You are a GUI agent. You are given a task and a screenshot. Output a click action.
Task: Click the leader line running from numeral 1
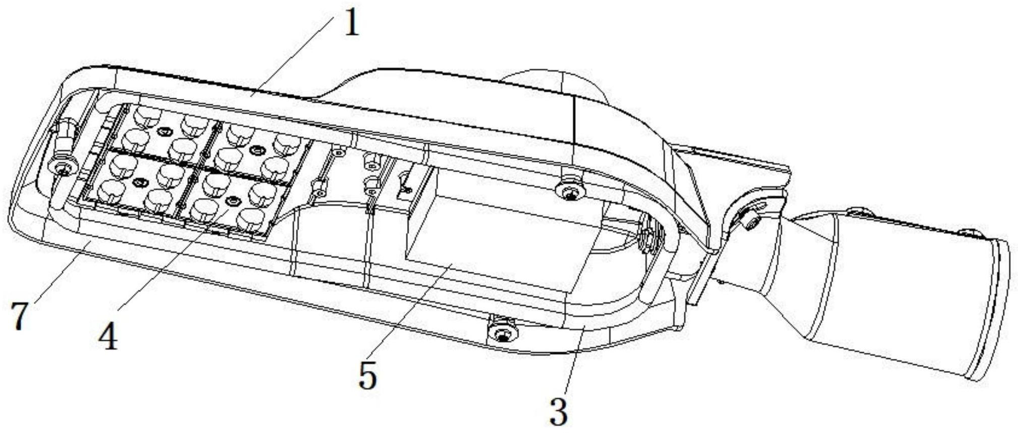(293, 56)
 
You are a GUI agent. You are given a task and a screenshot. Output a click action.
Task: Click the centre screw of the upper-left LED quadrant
(163, 132)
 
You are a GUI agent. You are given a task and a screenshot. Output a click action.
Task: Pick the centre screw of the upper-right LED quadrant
(257, 150)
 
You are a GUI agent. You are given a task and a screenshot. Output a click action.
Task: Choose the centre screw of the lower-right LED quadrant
(232, 201)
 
